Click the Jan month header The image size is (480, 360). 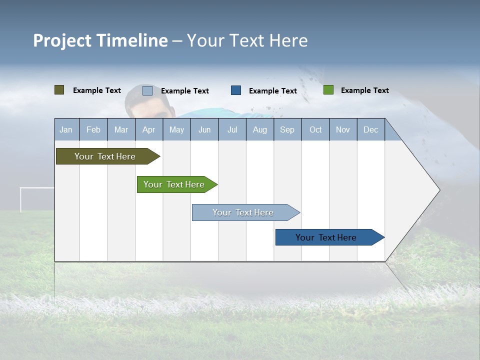66,129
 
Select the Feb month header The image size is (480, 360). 93,129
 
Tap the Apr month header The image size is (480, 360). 149,129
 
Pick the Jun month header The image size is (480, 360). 204,129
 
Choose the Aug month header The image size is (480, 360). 260,129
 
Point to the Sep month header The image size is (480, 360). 287,129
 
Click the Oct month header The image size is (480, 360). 315,129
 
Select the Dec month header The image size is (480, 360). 371,129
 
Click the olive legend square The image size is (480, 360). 59,90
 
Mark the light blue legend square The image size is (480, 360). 147,90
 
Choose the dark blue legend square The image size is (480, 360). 236,90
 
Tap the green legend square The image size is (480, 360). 328,90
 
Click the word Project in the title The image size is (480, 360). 62,41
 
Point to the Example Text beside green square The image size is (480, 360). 364,90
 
